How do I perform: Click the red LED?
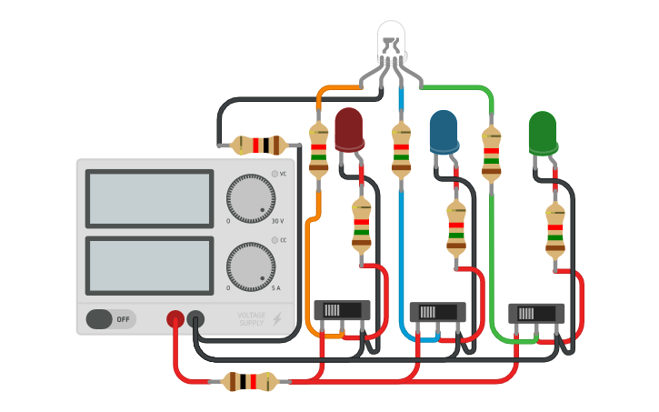click(x=349, y=129)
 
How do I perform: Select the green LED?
click(x=543, y=133)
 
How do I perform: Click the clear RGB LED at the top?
click(x=391, y=41)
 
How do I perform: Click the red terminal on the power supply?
click(x=175, y=319)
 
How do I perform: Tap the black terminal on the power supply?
click(x=195, y=319)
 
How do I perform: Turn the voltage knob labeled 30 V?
click(x=250, y=198)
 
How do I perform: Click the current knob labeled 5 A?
click(x=250, y=266)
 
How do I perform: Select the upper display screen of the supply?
click(x=150, y=198)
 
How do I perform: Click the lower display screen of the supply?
click(x=150, y=266)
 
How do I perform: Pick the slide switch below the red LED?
click(x=342, y=310)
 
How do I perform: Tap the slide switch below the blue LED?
click(x=438, y=312)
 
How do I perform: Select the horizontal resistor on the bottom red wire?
click(x=249, y=382)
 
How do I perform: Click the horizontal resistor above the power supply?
click(x=258, y=145)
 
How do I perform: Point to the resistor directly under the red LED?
click(x=362, y=224)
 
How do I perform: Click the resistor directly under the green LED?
click(x=554, y=230)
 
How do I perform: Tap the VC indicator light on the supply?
click(x=275, y=174)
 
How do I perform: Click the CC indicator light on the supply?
click(x=275, y=241)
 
